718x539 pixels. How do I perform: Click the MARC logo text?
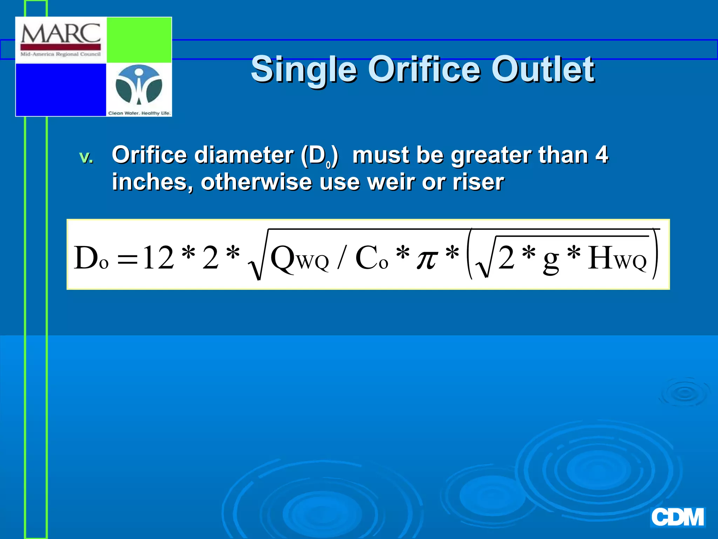click(x=61, y=34)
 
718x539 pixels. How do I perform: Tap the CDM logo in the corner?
click(x=677, y=518)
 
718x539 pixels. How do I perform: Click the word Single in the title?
click(x=304, y=70)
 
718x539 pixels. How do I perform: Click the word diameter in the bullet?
click(x=244, y=155)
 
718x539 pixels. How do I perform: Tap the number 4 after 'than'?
click(x=602, y=155)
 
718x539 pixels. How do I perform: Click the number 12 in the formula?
click(x=158, y=258)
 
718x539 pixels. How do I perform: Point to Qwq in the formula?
click(x=299, y=259)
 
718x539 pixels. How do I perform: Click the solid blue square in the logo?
click(x=61, y=89)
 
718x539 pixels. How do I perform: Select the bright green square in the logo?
click(x=139, y=40)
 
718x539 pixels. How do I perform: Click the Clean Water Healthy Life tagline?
click(x=139, y=113)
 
